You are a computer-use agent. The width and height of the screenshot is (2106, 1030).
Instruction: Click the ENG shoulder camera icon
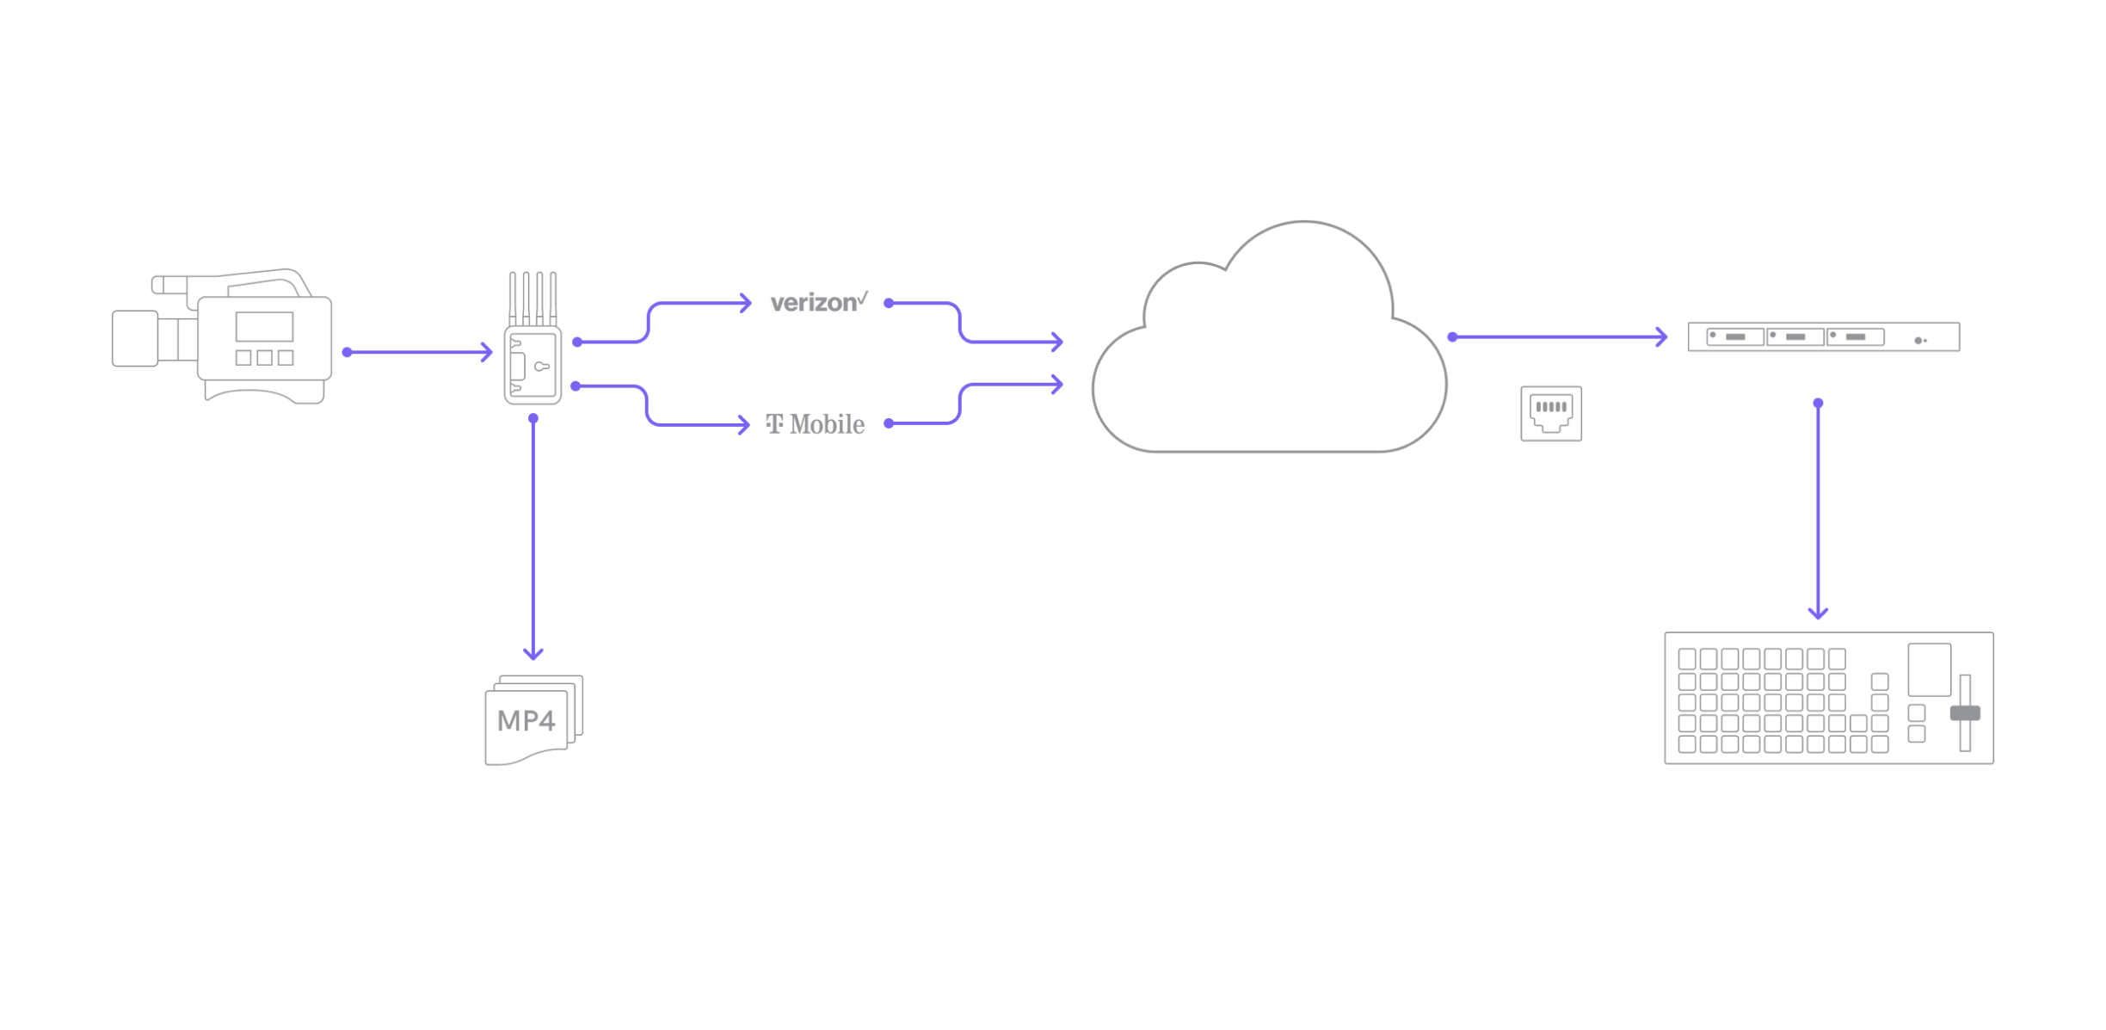(222, 337)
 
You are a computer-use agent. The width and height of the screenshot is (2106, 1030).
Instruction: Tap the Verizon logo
(818, 302)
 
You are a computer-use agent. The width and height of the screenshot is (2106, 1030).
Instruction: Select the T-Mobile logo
(816, 424)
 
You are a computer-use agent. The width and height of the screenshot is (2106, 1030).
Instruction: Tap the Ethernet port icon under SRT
(1551, 413)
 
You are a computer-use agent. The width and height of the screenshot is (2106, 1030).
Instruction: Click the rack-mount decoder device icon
(1824, 336)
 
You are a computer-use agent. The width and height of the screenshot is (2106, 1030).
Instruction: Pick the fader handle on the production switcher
(1965, 713)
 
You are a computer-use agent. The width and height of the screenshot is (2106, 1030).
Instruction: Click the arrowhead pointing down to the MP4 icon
(533, 654)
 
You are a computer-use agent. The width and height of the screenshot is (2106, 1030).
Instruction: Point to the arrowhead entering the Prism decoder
(1662, 336)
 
